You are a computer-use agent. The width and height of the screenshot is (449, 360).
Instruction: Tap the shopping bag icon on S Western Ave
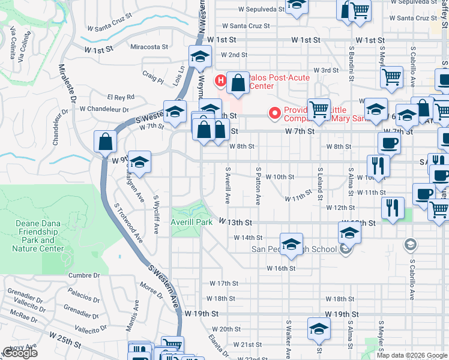click(x=106, y=143)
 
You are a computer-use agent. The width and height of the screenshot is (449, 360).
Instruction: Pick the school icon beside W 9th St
click(x=139, y=163)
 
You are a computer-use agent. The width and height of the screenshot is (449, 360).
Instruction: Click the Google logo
click(x=20, y=353)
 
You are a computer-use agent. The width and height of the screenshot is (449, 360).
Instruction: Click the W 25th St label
click(x=65, y=341)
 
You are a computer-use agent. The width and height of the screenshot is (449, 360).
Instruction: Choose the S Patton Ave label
click(x=258, y=187)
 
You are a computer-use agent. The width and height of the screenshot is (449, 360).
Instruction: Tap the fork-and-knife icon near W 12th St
click(x=393, y=208)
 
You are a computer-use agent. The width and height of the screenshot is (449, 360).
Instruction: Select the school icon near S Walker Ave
click(x=319, y=329)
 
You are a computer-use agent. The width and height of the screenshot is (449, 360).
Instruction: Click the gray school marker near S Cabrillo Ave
click(x=410, y=243)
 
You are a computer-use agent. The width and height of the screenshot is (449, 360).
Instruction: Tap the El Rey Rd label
click(x=121, y=97)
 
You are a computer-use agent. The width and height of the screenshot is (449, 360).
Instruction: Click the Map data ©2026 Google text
click(x=412, y=355)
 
